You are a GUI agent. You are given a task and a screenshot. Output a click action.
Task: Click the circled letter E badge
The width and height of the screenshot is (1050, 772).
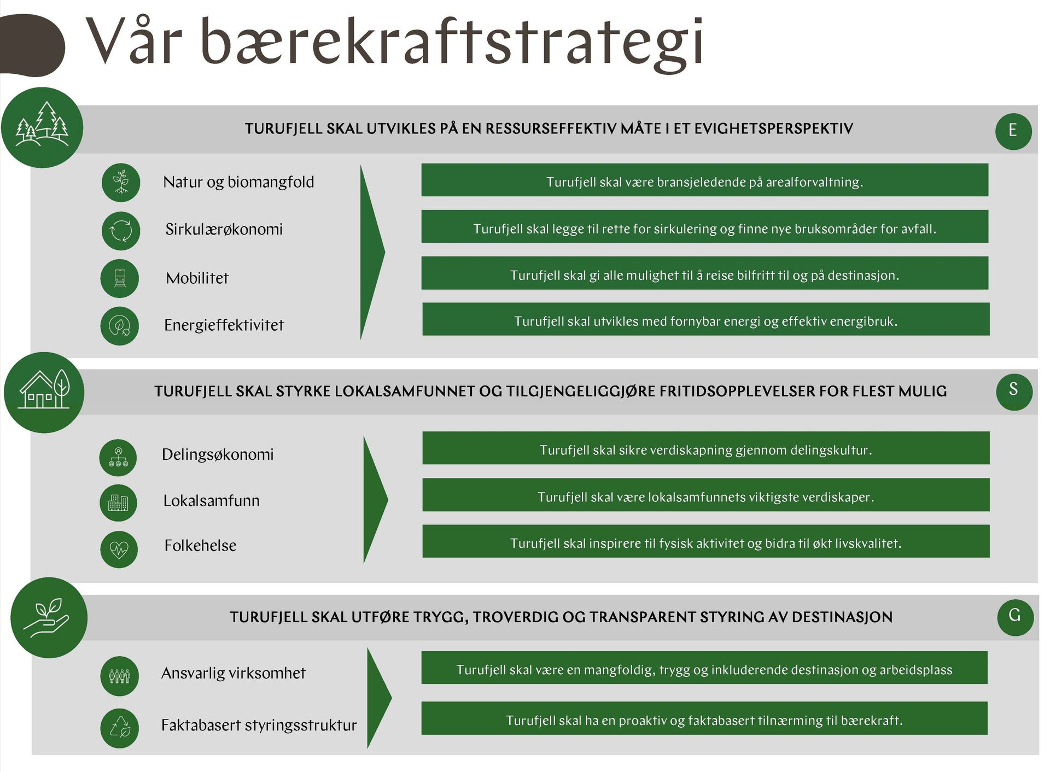point(1013,131)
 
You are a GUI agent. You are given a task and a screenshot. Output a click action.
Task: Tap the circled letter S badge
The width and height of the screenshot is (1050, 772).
point(1014,390)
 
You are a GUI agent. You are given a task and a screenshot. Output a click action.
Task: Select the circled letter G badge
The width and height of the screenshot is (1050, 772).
point(1015,617)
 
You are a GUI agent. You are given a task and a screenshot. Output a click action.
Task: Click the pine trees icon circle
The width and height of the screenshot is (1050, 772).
point(42,127)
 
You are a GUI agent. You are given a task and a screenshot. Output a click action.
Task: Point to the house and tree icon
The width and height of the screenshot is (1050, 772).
point(44,393)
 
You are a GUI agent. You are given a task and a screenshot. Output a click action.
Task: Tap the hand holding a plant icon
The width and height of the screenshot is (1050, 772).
point(49,618)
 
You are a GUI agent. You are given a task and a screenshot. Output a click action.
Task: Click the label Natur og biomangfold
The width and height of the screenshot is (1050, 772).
point(238,182)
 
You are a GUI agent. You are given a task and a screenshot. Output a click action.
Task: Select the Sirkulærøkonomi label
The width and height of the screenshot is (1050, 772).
point(224,229)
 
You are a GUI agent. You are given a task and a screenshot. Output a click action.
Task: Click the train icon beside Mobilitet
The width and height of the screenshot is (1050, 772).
point(120,278)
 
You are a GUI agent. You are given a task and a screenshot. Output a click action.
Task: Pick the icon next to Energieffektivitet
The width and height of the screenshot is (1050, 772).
point(120,326)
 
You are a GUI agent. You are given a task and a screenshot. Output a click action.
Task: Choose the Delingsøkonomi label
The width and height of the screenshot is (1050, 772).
point(218,454)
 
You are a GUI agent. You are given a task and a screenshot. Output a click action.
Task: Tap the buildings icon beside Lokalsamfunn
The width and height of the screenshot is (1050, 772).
point(118,502)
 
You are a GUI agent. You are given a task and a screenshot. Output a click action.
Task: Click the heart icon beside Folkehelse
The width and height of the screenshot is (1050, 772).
point(119,549)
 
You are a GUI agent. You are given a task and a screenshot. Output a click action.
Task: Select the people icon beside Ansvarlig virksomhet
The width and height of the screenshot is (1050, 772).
point(120,676)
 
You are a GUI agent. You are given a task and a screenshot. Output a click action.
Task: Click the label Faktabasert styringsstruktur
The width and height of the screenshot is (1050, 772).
point(259,725)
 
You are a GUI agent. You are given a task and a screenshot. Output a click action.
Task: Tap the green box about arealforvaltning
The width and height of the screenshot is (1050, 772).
point(705,180)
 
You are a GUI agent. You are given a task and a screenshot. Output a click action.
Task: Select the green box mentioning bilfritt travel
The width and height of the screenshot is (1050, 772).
point(705,273)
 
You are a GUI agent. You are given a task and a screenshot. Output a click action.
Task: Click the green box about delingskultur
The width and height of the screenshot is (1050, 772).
point(706,448)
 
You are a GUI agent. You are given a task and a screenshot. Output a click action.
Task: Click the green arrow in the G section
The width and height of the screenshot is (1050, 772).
point(378,698)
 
